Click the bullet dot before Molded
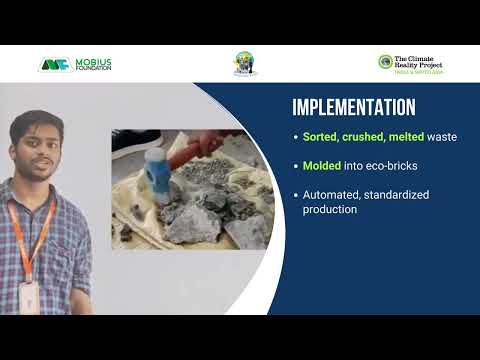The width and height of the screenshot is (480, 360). (295, 165)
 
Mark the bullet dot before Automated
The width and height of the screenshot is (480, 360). (295, 194)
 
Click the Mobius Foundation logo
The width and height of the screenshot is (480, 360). (75, 64)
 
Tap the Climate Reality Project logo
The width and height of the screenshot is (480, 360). (410, 62)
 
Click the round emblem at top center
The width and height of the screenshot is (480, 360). (245, 63)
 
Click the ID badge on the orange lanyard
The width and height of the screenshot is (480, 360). (30, 296)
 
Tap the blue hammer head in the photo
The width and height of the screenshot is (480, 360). (158, 171)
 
